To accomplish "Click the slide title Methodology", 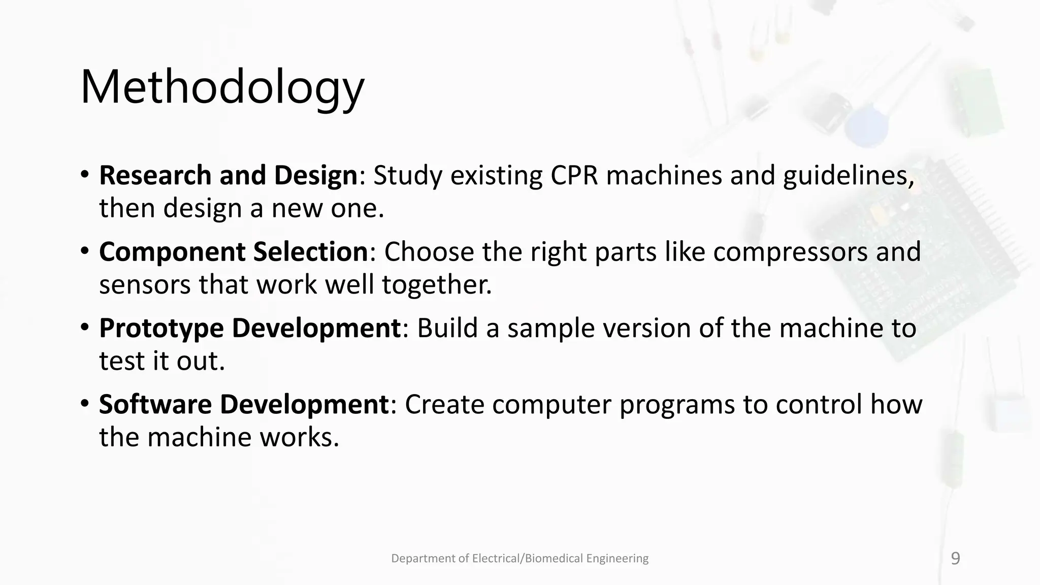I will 222,87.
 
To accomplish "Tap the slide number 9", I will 955,559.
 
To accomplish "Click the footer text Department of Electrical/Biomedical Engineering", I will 519,559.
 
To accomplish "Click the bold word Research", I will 155,175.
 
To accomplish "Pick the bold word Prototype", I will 161,328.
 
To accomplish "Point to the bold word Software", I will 155,405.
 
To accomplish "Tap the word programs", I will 677,405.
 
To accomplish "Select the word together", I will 437,285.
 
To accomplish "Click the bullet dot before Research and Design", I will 85,174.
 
